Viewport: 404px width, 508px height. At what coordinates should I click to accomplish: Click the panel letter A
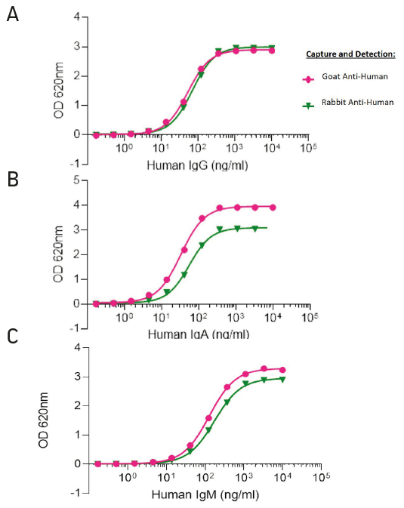coord(13,14)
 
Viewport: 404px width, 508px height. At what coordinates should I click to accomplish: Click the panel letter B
coord(13,179)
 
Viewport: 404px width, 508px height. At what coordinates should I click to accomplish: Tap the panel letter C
coord(12,337)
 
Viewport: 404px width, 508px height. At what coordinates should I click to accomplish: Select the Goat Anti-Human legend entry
coord(345,77)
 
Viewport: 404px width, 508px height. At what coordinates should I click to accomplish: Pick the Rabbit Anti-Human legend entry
coord(348,103)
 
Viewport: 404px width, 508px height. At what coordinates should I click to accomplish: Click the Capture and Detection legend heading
coord(350,54)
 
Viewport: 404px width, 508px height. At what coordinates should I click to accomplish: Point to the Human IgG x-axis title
coord(197,165)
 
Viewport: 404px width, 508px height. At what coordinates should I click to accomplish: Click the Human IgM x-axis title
coord(205,494)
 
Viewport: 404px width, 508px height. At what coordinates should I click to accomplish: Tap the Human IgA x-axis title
coord(199,334)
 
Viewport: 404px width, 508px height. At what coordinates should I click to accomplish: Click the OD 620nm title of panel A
coord(59,91)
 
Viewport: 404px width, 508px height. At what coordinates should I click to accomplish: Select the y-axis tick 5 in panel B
coord(76,180)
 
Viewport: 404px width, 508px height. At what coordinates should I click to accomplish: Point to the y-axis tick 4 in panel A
coord(77,17)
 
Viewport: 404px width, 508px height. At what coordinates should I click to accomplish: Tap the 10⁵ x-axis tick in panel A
coord(309,148)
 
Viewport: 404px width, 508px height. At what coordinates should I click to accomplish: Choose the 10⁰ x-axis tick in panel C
coord(127,477)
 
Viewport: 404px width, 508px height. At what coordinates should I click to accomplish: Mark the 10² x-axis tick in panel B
coord(198,318)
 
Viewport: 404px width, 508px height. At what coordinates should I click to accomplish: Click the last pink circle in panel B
coord(273,208)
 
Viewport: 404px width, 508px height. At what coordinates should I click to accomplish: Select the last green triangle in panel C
coord(282,380)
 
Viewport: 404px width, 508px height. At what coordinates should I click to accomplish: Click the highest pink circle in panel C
coord(264,368)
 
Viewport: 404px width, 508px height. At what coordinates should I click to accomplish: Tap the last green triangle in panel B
coord(254,229)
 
